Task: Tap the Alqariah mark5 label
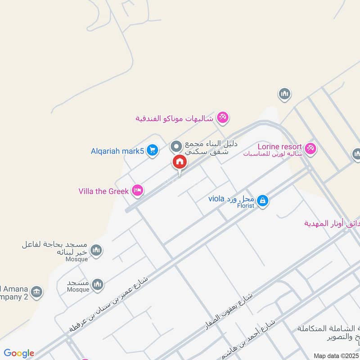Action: [117, 151]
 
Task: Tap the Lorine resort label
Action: [279, 147]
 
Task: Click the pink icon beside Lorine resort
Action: [310, 148]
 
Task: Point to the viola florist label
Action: [232, 198]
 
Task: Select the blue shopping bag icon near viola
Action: [263, 201]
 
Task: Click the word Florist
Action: [245, 206]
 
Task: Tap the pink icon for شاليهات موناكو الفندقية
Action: [222, 118]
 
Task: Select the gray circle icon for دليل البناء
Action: [176, 146]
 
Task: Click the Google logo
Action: [19, 353]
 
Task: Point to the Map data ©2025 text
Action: [336, 355]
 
